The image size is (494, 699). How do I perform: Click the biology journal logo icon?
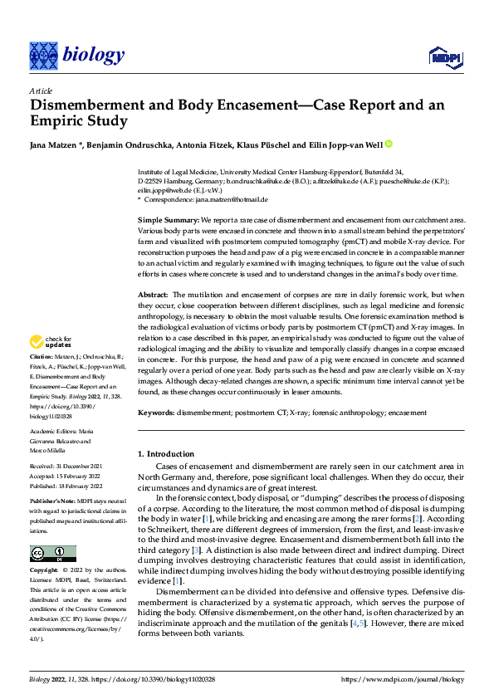[42, 55]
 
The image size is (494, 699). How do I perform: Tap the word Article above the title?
[40, 90]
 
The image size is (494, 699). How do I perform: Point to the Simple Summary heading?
[168, 218]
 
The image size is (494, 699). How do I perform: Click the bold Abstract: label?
[154, 295]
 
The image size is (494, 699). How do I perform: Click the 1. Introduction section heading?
[165, 454]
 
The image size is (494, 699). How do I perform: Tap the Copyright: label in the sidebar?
[46, 570]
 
